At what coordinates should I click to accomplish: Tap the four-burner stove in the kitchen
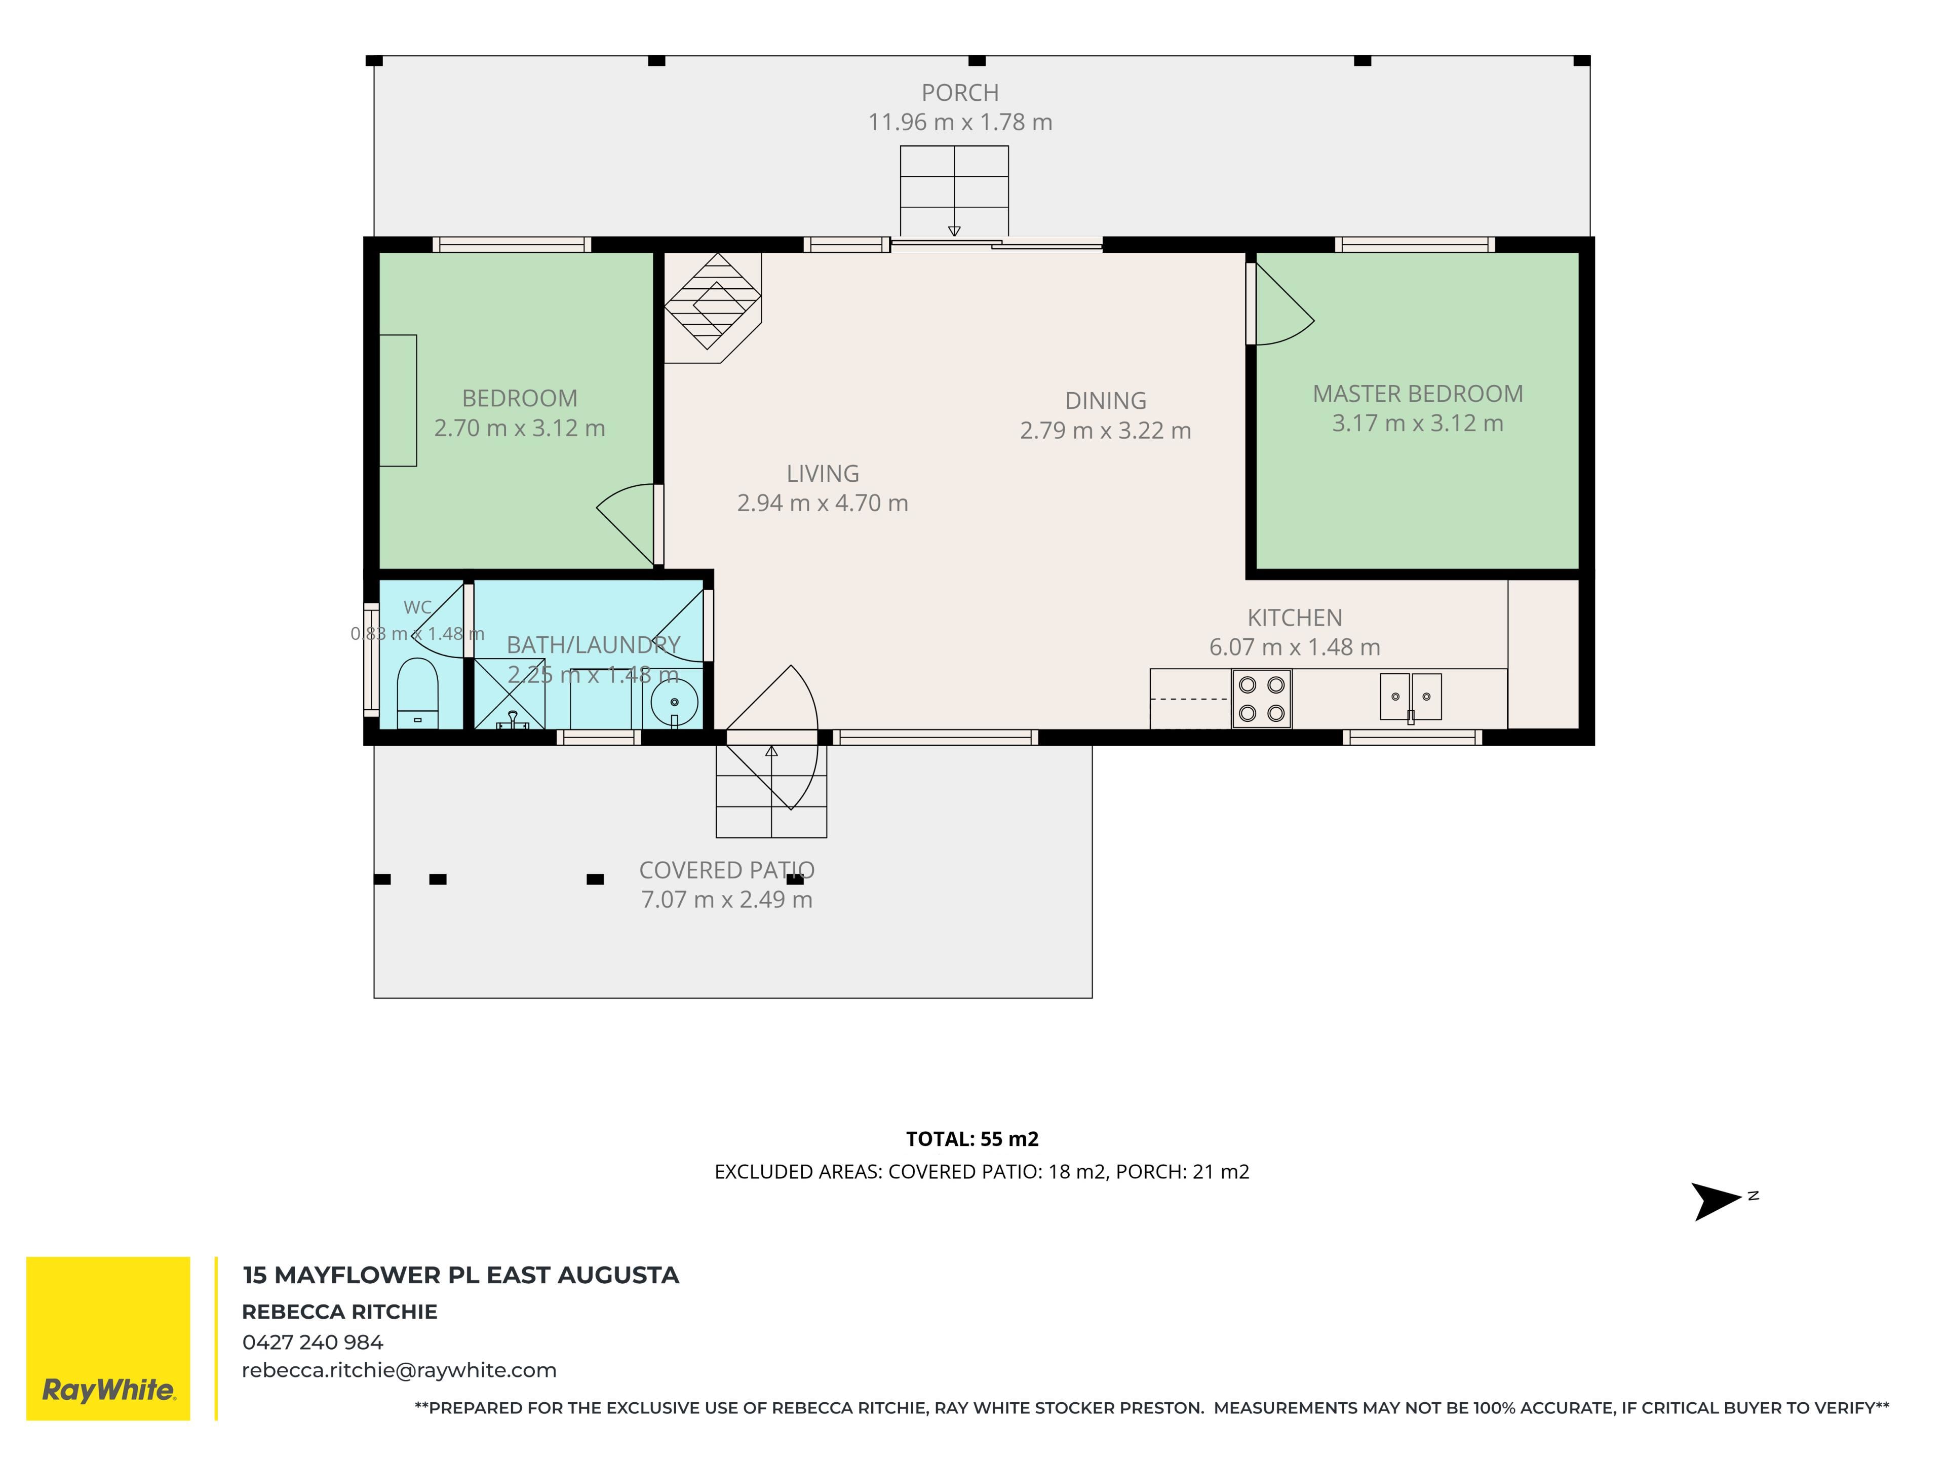point(1261,699)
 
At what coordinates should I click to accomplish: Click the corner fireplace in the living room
point(712,308)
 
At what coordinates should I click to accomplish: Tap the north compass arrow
point(1717,1201)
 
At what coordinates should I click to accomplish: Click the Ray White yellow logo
point(108,1338)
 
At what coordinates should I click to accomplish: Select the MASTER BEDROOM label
point(1417,394)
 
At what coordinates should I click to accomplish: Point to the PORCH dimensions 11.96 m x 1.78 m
point(960,122)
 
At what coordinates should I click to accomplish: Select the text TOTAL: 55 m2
point(972,1139)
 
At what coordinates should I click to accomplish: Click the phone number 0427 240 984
point(313,1342)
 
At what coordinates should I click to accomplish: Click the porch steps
point(954,191)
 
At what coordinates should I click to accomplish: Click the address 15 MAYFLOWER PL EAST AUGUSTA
point(461,1275)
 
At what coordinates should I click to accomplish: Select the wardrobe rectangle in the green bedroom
point(398,400)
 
